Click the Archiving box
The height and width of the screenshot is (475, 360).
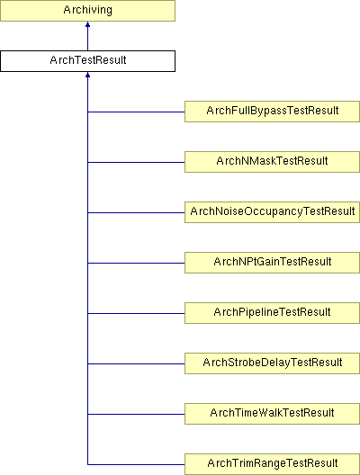(87, 11)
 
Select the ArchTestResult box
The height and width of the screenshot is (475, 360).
(87, 61)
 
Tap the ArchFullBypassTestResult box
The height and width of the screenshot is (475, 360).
(272, 112)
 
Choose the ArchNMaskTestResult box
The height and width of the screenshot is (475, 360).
(272, 162)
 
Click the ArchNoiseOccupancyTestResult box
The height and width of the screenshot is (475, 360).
(272, 212)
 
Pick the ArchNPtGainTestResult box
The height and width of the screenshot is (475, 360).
(272, 263)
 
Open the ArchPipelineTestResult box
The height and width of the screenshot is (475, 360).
(272, 313)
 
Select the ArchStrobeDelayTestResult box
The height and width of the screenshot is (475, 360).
(272, 363)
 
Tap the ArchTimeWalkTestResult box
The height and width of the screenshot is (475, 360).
(272, 414)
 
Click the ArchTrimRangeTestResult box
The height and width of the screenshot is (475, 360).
(272, 464)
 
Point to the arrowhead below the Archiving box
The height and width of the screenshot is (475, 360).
(87, 24)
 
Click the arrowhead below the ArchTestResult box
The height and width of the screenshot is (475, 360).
(87, 75)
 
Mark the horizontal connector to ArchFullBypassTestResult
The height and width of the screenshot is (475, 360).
(136, 112)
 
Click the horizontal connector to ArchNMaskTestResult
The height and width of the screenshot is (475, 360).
(136, 162)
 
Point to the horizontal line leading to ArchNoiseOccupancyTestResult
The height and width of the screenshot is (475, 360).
(136, 212)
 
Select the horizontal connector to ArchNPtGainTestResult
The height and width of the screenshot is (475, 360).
(136, 263)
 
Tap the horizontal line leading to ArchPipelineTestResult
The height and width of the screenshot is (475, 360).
(136, 313)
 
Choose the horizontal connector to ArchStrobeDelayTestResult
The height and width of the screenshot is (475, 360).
(136, 363)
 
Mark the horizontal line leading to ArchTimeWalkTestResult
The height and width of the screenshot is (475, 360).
(136, 414)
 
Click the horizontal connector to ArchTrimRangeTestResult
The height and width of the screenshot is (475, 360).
(136, 464)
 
